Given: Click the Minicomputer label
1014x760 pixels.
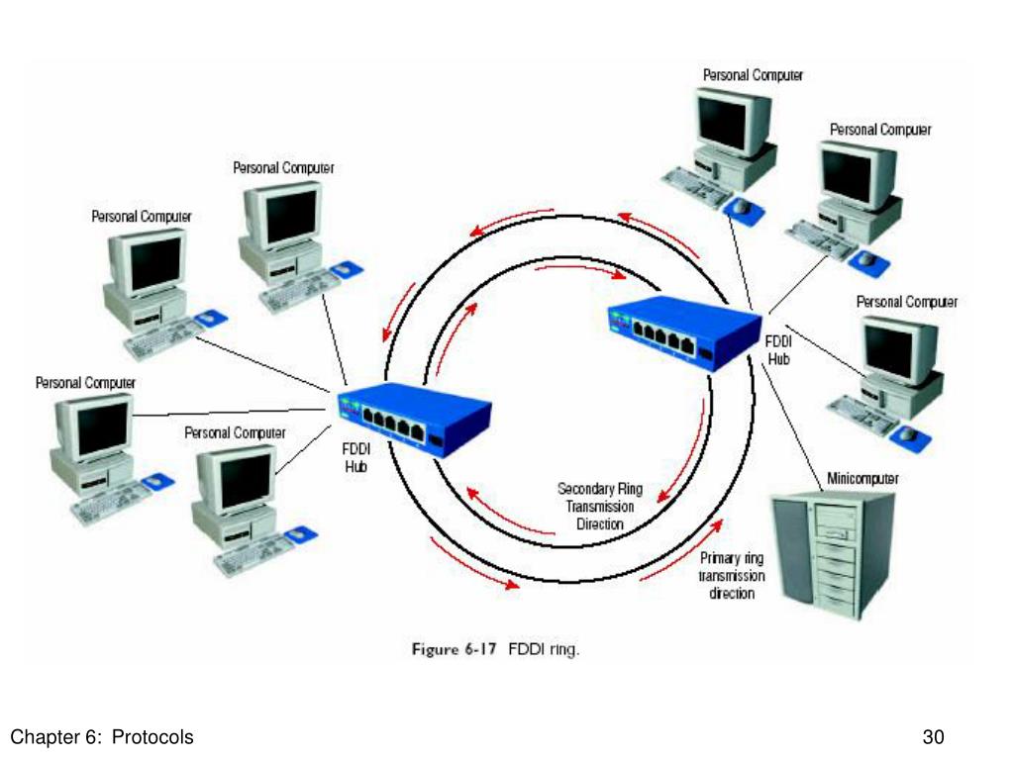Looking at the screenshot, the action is click(x=862, y=478).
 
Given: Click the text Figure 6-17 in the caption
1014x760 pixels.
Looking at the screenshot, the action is click(x=454, y=649).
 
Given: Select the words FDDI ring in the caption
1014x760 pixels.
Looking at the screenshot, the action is click(x=544, y=649).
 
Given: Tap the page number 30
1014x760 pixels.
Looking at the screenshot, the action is click(x=933, y=737).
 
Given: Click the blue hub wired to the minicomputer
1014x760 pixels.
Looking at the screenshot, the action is click(x=685, y=333).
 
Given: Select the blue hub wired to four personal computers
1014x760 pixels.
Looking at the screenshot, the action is click(x=414, y=420).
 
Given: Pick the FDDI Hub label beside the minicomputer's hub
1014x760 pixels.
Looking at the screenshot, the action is click(x=778, y=349).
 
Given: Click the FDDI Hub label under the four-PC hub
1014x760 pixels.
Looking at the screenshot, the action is click(x=355, y=457).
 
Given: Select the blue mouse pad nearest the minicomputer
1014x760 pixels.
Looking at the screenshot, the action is click(x=911, y=436).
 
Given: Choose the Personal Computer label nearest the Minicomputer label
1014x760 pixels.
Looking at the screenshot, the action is click(x=907, y=302).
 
